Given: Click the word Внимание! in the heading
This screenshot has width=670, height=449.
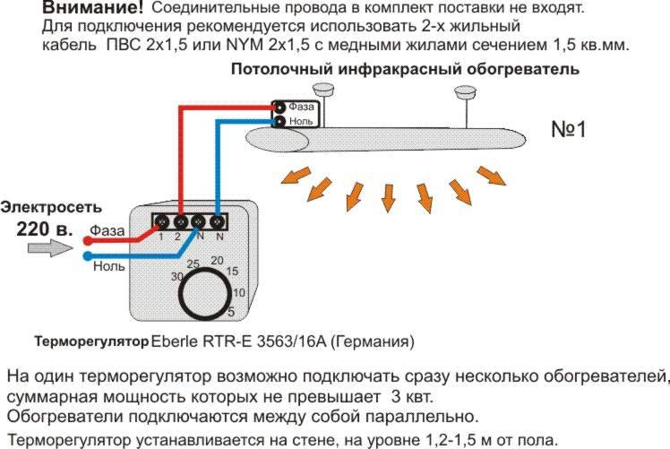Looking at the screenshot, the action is [x=93, y=7].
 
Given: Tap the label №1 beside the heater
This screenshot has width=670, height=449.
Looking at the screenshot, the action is [x=569, y=129].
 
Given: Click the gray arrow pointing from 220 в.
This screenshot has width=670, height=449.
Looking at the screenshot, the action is [x=50, y=247].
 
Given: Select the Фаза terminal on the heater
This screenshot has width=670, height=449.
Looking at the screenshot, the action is [x=279, y=107].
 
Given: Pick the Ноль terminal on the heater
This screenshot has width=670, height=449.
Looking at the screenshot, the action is [x=279, y=122].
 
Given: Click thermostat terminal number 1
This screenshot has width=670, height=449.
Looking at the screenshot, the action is [x=161, y=222].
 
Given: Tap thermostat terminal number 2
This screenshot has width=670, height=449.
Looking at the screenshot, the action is [x=180, y=222].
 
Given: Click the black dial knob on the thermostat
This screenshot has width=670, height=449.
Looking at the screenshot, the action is [x=206, y=294].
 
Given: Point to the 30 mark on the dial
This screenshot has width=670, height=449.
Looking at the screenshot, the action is [x=177, y=277].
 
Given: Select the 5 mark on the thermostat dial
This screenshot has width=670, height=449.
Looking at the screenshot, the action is [x=231, y=312].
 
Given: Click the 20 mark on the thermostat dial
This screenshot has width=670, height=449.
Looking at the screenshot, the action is [x=217, y=260].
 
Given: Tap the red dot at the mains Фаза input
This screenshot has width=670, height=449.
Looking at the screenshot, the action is [x=88, y=241].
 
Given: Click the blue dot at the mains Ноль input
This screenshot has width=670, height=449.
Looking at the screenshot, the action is [x=88, y=256].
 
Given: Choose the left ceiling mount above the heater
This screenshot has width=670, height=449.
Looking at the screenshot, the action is [x=323, y=90].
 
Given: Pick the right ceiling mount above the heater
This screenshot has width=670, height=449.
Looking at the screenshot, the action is [x=465, y=91].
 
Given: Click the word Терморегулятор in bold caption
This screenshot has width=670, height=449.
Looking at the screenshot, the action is [x=92, y=341].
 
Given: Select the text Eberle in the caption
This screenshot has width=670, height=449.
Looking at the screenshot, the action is [x=175, y=341].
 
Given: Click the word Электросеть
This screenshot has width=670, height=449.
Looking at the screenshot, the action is [x=51, y=207].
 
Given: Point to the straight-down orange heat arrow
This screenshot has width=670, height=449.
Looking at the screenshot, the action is [x=388, y=198].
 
